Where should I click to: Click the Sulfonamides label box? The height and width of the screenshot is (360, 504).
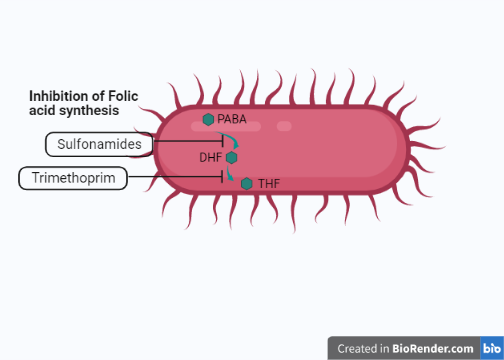[x=100, y=145]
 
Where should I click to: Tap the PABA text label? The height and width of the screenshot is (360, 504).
[x=232, y=119]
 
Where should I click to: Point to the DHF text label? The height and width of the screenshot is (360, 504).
[x=210, y=157]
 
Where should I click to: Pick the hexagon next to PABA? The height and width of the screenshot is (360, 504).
[x=209, y=119]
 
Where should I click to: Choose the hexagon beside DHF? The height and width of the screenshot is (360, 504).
[x=232, y=157]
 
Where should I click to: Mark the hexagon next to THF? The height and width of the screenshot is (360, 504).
[x=247, y=183]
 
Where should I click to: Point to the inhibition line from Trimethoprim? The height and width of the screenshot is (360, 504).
[x=170, y=178]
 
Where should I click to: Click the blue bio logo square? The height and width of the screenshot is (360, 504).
[x=492, y=348]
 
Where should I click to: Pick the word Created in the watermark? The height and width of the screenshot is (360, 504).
[x=357, y=348]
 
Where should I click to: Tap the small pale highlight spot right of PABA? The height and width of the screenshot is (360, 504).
[x=284, y=126]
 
